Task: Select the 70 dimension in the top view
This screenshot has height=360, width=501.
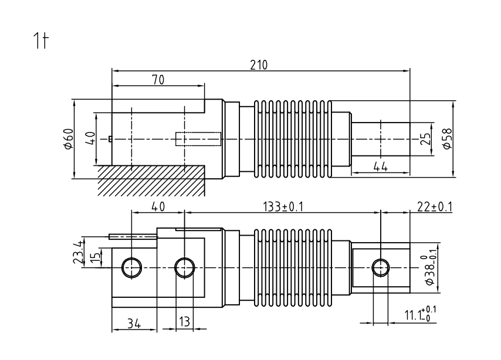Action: tap(158, 80)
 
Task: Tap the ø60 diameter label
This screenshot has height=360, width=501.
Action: tap(68, 138)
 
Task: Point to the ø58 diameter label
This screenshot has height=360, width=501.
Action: tap(448, 138)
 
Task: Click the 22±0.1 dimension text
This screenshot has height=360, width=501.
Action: tap(435, 207)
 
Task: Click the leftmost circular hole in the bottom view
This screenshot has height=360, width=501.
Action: tap(130, 267)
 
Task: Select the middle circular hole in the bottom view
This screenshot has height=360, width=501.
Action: tap(185, 267)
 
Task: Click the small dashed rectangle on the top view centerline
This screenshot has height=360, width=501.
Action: tap(198, 139)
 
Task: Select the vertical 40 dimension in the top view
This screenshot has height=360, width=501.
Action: tap(90, 138)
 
